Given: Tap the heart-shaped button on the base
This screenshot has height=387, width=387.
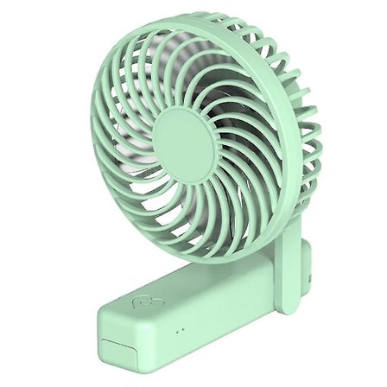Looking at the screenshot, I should [x=140, y=304].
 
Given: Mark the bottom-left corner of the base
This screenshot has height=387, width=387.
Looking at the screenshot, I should [x=101, y=363].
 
